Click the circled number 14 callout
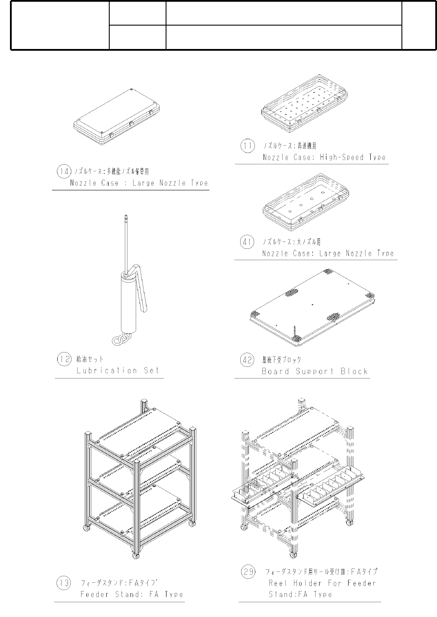coord(64,172)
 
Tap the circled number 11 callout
coord(247,146)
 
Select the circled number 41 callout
coord(247,242)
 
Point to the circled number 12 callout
coord(64,359)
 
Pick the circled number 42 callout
coord(247,360)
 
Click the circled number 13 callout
coord(64,583)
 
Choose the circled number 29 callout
coord(248,572)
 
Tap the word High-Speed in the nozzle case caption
coord(342,157)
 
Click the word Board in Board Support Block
coord(275,372)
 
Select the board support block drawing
coord(312,306)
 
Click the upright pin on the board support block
coord(295,332)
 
